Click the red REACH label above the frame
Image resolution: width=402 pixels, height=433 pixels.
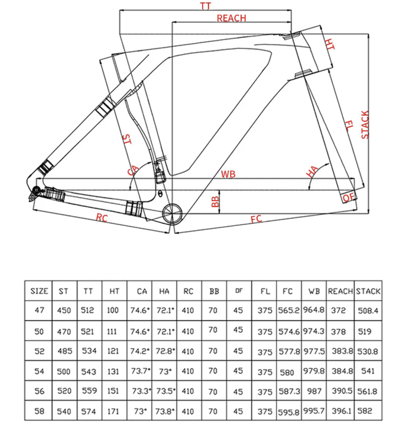[x=231, y=18]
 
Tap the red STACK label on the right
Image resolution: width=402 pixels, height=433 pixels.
[x=365, y=125]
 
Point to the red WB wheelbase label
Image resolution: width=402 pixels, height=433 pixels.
[x=228, y=174]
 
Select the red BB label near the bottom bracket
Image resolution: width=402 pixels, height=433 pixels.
[x=215, y=201]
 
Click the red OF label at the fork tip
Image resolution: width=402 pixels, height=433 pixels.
[x=348, y=197]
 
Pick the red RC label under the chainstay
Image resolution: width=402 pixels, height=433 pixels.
[x=102, y=218]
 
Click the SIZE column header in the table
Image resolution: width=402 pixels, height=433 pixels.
[x=39, y=291]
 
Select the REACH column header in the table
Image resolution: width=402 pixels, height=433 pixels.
[x=340, y=291]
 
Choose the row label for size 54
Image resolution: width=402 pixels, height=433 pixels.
[x=39, y=371]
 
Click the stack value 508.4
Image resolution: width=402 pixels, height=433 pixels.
[x=368, y=311]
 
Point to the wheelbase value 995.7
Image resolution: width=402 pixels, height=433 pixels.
[x=314, y=411]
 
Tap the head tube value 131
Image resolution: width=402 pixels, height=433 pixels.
[x=113, y=371]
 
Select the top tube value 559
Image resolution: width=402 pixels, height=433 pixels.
[x=89, y=391]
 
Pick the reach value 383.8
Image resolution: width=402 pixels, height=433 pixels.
[x=342, y=351]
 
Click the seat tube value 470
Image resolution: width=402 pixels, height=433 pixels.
[x=64, y=331]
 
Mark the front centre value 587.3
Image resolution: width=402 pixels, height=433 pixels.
[x=289, y=391]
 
